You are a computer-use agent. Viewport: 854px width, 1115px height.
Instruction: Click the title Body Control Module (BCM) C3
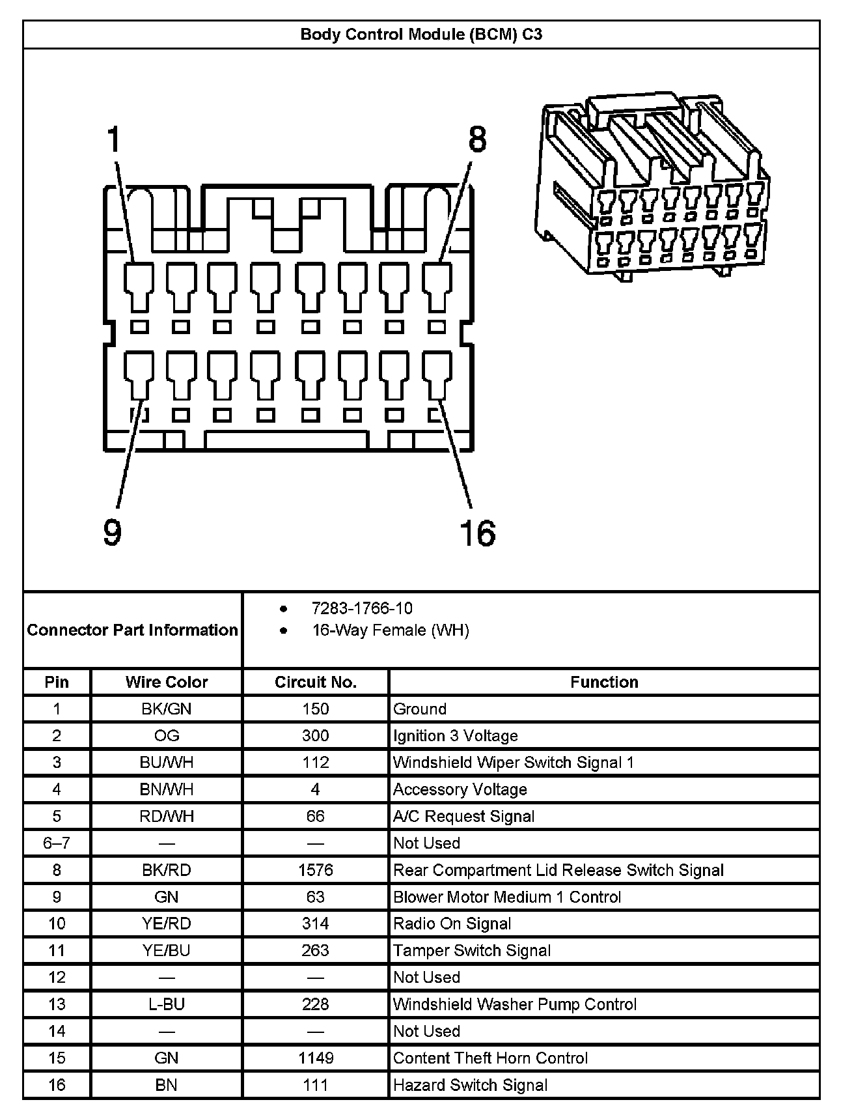pyautogui.click(x=421, y=35)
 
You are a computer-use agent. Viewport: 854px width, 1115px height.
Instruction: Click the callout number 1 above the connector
pyautogui.click(x=114, y=140)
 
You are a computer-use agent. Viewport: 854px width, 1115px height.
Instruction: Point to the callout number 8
pyautogui.click(x=477, y=140)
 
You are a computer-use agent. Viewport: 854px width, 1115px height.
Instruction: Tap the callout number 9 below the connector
pyautogui.click(x=113, y=532)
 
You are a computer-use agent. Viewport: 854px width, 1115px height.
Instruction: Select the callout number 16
pyautogui.click(x=477, y=532)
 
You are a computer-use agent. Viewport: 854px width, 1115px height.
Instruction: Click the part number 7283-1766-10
pyautogui.click(x=362, y=608)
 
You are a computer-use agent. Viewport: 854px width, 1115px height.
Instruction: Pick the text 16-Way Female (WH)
pyautogui.click(x=391, y=630)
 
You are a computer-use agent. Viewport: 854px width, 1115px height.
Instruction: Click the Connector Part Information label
pyautogui.click(x=133, y=630)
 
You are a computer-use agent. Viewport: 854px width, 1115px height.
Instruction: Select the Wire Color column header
pyautogui.click(x=167, y=682)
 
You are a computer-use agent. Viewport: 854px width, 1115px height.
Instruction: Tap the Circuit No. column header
pyautogui.click(x=316, y=682)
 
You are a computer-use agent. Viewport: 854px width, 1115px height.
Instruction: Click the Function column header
pyautogui.click(x=604, y=682)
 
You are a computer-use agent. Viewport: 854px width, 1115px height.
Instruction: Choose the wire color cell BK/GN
pyautogui.click(x=167, y=709)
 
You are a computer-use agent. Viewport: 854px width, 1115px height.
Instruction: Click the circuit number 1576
pyautogui.click(x=316, y=870)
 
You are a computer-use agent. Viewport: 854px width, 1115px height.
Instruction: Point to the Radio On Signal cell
pyautogui.click(x=452, y=924)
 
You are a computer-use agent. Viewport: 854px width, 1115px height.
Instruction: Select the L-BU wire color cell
pyautogui.click(x=167, y=1004)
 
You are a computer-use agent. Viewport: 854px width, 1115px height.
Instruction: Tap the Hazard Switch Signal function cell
pyautogui.click(x=470, y=1085)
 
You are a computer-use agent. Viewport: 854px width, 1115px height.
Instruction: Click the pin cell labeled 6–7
pyautogui.click(x=57, y=843)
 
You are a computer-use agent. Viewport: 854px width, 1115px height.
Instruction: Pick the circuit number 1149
pyautogui.click(x=316, y=1058)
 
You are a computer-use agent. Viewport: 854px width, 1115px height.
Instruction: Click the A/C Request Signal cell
pyautogui.click(x=463, y=817)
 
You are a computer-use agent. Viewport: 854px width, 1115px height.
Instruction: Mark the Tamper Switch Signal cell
pyautogui.click(x=472, y=951)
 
